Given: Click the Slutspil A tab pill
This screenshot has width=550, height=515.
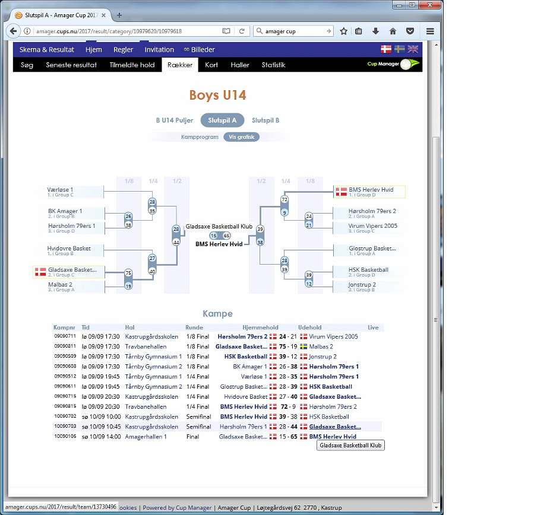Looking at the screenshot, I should [x=222, y=120].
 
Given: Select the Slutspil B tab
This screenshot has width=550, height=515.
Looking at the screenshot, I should [x=265, y=120].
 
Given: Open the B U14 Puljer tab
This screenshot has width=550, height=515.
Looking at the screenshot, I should [x=175, y=120].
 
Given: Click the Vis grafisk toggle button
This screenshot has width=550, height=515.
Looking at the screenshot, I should [x=241, y=137].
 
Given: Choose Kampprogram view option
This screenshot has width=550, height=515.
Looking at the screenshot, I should [x=200, y=137].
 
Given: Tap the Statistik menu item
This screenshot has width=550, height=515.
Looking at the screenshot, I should [x=273, y=65].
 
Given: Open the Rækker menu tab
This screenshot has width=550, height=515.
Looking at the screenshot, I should [x=180, y=65].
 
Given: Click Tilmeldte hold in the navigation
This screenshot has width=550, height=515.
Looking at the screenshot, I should [x=132, y=65].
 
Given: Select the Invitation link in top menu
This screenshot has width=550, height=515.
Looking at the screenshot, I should [x=159, y=50].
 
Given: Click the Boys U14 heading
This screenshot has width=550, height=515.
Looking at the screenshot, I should [x=217, y=96].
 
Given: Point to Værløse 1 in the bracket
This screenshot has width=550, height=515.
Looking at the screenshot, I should [x=61, y=190].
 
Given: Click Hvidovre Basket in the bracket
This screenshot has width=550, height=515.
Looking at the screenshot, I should [x=69, y=248].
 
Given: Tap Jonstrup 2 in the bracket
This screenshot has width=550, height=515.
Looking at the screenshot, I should [x=362, y=285].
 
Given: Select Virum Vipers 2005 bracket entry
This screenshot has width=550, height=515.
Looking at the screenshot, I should [x=372, y=226].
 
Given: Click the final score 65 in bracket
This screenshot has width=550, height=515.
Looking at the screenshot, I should [x=226, y=236].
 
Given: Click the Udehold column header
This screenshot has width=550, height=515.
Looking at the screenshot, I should [x=309, y=328].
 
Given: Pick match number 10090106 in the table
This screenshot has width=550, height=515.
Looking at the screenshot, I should [x=65, y=437].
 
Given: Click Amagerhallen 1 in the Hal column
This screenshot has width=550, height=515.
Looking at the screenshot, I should [x=146, y=437].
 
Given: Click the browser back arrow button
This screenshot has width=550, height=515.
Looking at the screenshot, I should [x=14, y=31].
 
